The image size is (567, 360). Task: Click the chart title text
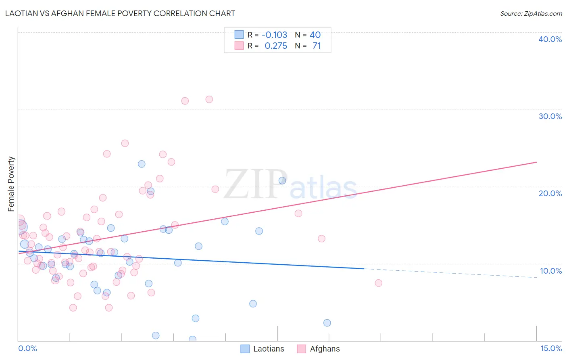click(x=120, y=13)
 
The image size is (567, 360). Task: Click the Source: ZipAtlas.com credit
click(x=531, y=13)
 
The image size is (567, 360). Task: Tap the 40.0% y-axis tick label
click(x=550, y=39)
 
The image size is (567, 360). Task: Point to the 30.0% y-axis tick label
click(x=550, y=116)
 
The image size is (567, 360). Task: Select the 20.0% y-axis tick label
click(x=550, y=193)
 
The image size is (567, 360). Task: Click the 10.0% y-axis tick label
click(x=550, y=271)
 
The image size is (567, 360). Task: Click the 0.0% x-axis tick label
click(x=27, y=348)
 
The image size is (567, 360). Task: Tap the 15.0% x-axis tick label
click(x=551, y=348)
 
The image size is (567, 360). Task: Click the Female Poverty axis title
click(x=11, y=184)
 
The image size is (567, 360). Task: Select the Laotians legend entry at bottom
click(x=263, y=349)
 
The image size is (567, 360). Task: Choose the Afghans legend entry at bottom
click(x=319, y=349)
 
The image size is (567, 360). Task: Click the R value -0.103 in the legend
click(x=274, y=35)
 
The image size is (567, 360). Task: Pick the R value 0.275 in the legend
click(x=276, y=46)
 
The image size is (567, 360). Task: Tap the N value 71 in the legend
click(x=317, y=46)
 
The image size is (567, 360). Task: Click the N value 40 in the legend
click(x=315, y=35)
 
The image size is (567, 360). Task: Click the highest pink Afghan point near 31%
click(x=209, y=99)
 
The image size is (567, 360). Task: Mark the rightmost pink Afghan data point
click(x=378, y=283)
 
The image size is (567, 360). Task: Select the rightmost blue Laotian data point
click(x=327, y=323)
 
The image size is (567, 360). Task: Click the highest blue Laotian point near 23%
click(x=142, y=164)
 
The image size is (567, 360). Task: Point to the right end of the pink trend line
click(x=536, y=162)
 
